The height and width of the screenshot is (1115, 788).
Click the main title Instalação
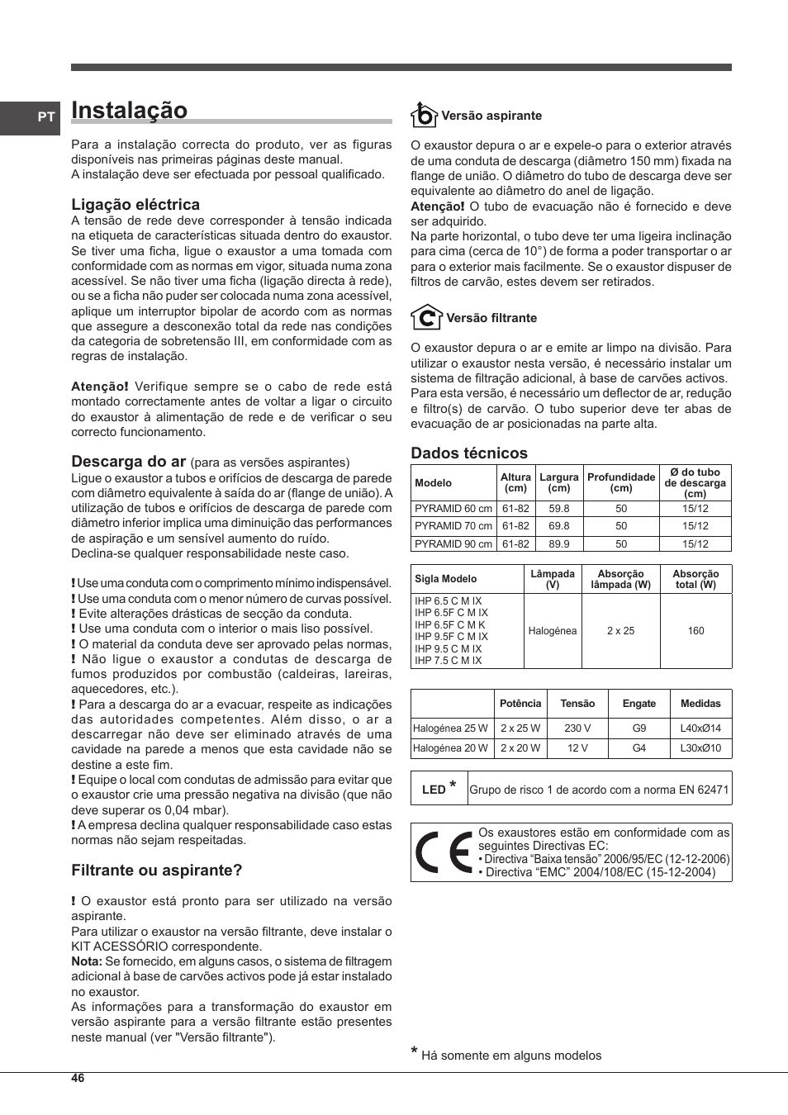pos(130,111)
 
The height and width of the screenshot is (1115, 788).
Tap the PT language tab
pos(46,117)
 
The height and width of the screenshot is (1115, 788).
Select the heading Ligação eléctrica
pos(135,205)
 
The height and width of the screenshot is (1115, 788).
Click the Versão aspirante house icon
pos(424,115)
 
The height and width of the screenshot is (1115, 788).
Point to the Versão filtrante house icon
pos(426,317)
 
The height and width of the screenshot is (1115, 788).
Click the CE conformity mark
pos(444,853)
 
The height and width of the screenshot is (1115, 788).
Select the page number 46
pos(78,1078)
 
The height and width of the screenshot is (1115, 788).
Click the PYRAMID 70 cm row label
pos(453,526)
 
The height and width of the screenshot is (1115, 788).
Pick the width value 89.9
pos(559,544)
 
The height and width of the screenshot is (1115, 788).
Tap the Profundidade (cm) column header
pos(621,482)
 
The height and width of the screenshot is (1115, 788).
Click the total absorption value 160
pos(695,631)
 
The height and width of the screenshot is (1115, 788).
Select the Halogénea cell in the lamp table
pos(553,631)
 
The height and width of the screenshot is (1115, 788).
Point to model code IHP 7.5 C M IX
pos(448,661)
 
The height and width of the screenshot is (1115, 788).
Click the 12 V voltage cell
pos(577,748)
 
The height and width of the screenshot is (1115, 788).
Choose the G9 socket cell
pos(638,728)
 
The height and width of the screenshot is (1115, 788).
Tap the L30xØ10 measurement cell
pos(700,748)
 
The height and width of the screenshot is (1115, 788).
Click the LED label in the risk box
pos(434,790)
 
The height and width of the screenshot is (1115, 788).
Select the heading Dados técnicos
pos(469,453)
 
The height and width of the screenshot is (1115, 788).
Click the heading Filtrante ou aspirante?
pos(157,871)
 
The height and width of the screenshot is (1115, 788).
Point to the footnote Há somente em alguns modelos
pos(511,1056)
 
